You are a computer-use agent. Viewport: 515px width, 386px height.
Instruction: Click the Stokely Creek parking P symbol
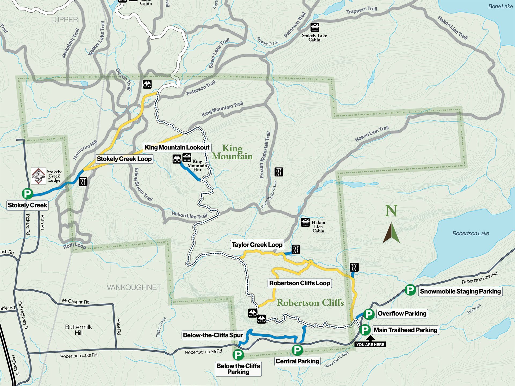(x=27, y=193)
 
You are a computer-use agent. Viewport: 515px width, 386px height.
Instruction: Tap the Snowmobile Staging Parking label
(x=460, y=291)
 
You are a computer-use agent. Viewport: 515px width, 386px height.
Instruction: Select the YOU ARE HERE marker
(x=370, y=344)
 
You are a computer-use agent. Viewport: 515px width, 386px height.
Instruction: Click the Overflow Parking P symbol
(x=369, y=314)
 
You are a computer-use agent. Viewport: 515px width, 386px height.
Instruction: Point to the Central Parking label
(x=297, y=361)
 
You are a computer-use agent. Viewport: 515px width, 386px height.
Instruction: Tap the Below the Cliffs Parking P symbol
(x=238, y=355)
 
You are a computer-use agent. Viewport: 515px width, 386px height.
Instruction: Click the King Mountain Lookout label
(x=177, y=147)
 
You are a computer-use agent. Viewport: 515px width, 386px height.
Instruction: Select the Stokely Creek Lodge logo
(x=38, y=176)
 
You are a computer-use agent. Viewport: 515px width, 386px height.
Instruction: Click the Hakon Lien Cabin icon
(x=305, y=222)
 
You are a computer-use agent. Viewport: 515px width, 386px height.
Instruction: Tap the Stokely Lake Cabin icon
(x=315, y=27)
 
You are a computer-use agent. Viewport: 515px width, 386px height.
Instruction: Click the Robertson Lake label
(x=470, y=233)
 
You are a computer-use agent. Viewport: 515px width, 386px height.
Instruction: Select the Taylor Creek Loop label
(x=257, y=245)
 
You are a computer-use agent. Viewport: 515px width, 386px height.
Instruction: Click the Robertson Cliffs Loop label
(x=300, y=283)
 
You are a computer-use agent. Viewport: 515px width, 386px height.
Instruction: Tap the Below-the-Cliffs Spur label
(x=213, y=335)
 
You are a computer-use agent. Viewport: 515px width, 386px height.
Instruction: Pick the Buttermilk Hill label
(x=79, y=330)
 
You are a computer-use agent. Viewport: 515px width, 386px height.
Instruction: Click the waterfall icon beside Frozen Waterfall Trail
(x=279, y=172)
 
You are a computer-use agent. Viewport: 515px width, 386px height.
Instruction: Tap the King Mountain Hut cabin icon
(x=187, y=158)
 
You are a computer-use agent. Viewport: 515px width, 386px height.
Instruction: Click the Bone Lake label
(x=500, y=6)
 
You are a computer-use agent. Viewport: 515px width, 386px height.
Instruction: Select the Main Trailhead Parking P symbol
(x=365, y=330)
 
